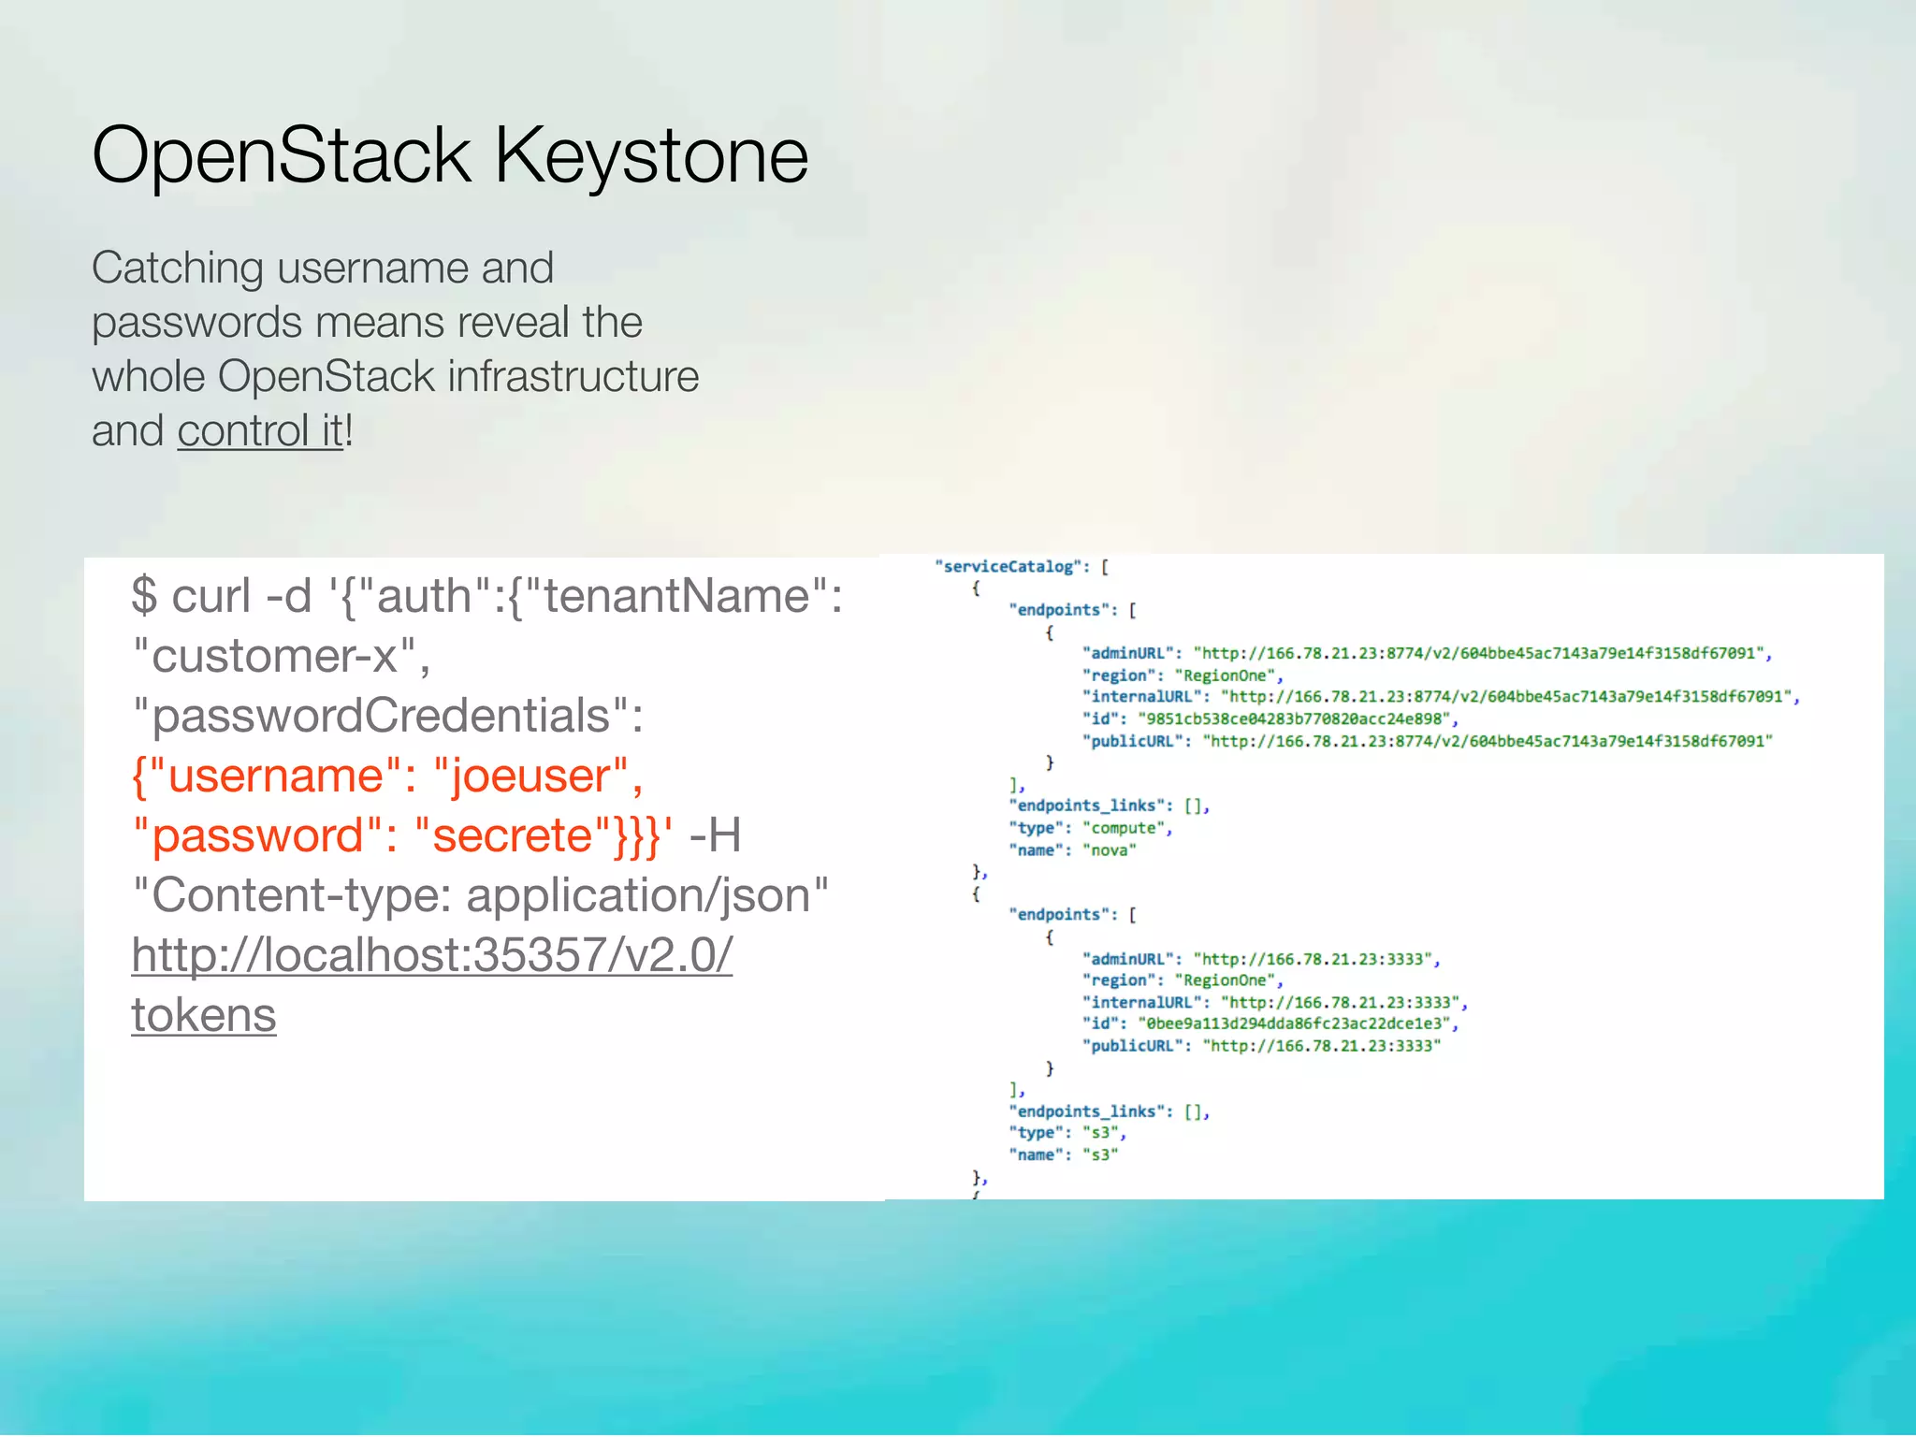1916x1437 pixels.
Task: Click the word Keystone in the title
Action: pyautogui.click(x=650, y=155)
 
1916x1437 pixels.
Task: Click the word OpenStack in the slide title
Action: pyautogui.click(x=281, y=155)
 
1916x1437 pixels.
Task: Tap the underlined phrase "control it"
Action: pyautogui.click(x=260, y=431)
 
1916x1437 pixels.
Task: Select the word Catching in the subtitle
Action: pyautogui.click(x=177, y=269)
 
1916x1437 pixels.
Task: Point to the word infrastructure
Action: pyautogui.click(x=573, y=377)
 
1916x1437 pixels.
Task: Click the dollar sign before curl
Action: pyautogui.click(x=144, y=596)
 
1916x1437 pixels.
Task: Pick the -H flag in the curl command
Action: pyautogui.click(x=715, y=835)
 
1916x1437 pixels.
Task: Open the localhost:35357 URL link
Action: pyautogui.click(x=431, y=955)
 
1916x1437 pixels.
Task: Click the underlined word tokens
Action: pyautogui.click(x=204, y=1015)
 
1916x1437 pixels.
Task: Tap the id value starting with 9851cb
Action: pyautogui.click(x=1294, y=718)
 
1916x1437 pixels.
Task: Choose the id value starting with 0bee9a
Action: pyautogui.click(x=1294, y=1023)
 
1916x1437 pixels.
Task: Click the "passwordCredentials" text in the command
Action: pyautogui.click(x=385, y=716)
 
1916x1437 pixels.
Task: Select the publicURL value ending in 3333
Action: pyautogui.click(x=1321, y=1046)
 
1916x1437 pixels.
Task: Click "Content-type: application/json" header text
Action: pyautogui.click(x=481, y=895)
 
